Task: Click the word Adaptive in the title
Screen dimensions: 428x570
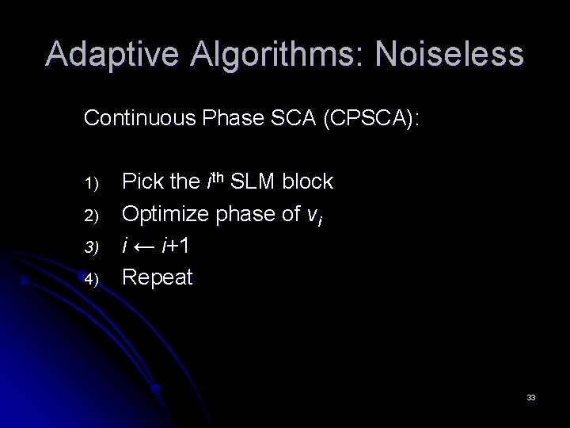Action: click(x=110, y=55)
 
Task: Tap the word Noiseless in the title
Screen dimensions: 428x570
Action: click(x=450, y=55)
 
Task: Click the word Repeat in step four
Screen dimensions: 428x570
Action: click(x=158, y=278)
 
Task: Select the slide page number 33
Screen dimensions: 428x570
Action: click(x=531, y=396)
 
